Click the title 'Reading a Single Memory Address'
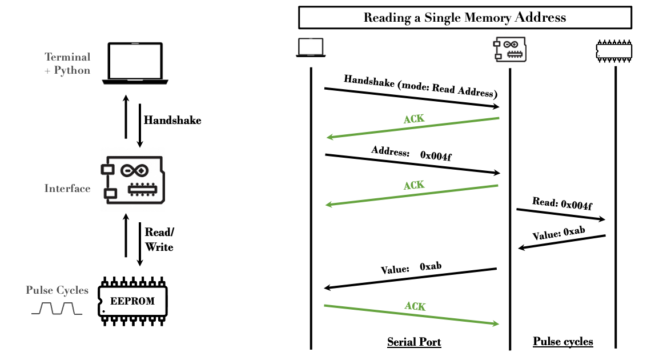coord(465,18)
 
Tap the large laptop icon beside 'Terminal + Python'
coord(135,62)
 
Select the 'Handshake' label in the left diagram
coord(172,121)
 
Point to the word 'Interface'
coord(67,189)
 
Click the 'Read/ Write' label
coord(159,240)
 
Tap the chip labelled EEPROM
coord(132,301)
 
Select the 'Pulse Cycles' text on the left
coord(57,290)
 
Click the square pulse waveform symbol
coord(57,309)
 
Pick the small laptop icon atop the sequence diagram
coord(310,48)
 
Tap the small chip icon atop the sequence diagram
coord(614,50)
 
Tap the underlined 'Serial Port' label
coord(414,342)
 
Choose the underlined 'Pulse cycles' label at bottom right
coord(562,342)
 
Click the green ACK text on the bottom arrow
coord(415,307)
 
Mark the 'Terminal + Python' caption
coord(68,63)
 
